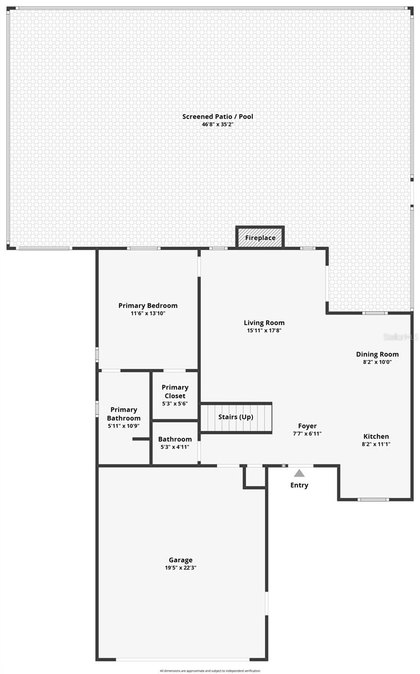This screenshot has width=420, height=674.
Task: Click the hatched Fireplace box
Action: coord(260,238)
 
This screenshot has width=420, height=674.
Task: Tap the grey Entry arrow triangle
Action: coord(300,473)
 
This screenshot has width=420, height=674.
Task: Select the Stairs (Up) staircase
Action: coord(236,417)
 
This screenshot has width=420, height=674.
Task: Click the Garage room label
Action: coord(180,559)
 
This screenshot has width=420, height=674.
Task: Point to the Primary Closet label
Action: coord(175,391)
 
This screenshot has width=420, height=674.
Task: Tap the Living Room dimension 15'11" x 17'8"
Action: coord(264,331)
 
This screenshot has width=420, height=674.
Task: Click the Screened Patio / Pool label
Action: coord(218,116)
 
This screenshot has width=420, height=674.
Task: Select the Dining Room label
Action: coord(377,354)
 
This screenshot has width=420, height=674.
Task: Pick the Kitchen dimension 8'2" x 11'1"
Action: coord(376,444)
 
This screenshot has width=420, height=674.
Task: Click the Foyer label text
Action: coord(307,426)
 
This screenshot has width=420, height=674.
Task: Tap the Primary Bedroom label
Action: coord(148,306)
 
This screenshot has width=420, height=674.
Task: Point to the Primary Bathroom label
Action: coord(124,414)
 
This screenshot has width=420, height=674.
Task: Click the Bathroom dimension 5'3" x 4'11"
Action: coord(175,447)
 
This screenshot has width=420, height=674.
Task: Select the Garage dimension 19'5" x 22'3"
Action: coord(180,568)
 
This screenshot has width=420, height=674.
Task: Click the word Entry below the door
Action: coord(299,485)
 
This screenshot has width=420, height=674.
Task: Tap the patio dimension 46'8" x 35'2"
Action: coord(218,124)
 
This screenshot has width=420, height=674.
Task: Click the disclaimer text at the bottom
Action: coord(210,671)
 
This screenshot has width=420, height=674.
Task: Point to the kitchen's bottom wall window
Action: coord(374,499)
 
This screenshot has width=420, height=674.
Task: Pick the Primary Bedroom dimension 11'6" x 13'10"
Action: coord(148,313)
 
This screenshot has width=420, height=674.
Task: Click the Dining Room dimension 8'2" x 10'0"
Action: coord(377,362)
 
